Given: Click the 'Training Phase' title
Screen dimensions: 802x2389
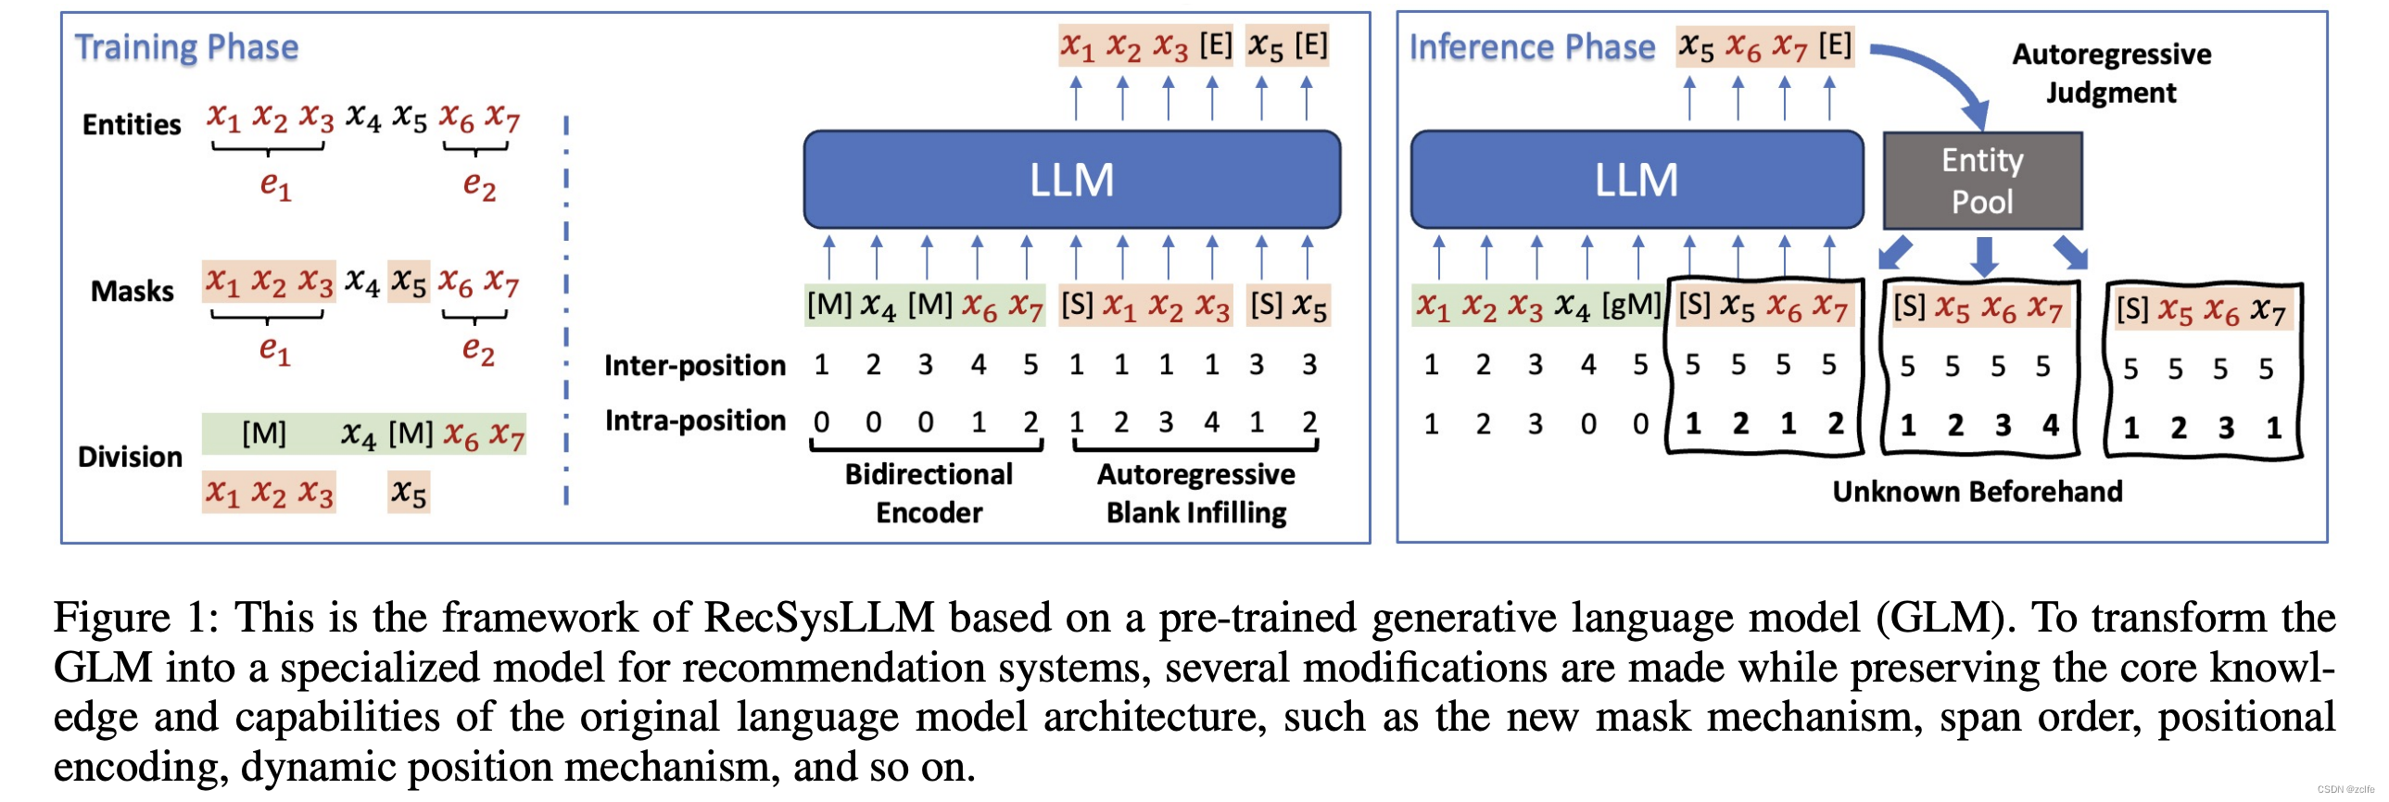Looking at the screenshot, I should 186,47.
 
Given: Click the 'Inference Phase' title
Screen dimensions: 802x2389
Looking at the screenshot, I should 1531,47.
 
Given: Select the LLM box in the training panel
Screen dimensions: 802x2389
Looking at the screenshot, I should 1071,180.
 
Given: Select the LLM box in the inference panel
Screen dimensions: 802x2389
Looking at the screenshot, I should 1636,180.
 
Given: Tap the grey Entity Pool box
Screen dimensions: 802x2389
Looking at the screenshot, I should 1982,181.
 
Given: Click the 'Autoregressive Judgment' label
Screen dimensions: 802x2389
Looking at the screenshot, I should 2111,73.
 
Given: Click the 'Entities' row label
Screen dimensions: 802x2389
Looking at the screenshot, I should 132,124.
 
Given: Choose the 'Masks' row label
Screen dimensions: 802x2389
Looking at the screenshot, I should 132,291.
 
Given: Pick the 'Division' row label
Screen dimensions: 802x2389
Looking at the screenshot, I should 130,457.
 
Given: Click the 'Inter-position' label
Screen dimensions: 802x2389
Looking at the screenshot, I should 695,365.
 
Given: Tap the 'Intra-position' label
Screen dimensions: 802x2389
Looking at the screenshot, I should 695,421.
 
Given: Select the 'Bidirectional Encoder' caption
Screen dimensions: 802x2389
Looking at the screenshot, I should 929,494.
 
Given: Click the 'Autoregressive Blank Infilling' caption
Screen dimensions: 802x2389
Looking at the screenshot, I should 1195,494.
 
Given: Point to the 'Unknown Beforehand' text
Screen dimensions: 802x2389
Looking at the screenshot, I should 1978,492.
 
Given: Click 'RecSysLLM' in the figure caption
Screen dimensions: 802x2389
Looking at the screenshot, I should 819,618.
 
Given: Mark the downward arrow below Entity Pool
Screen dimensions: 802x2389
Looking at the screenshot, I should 1984,256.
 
